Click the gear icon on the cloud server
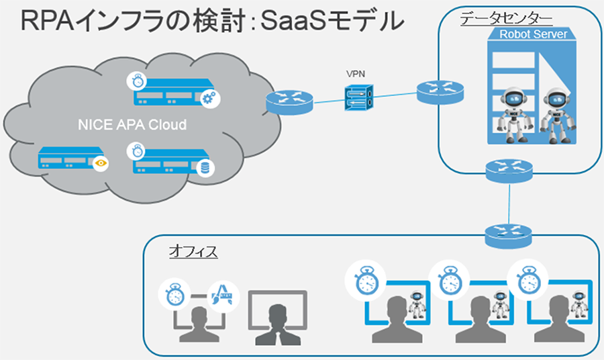point(207,99)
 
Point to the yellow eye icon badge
point(101,163)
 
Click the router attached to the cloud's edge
point(289,103)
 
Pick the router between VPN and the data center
point(440,91)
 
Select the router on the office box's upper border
point(509,234)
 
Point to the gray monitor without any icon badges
point(276,316)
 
